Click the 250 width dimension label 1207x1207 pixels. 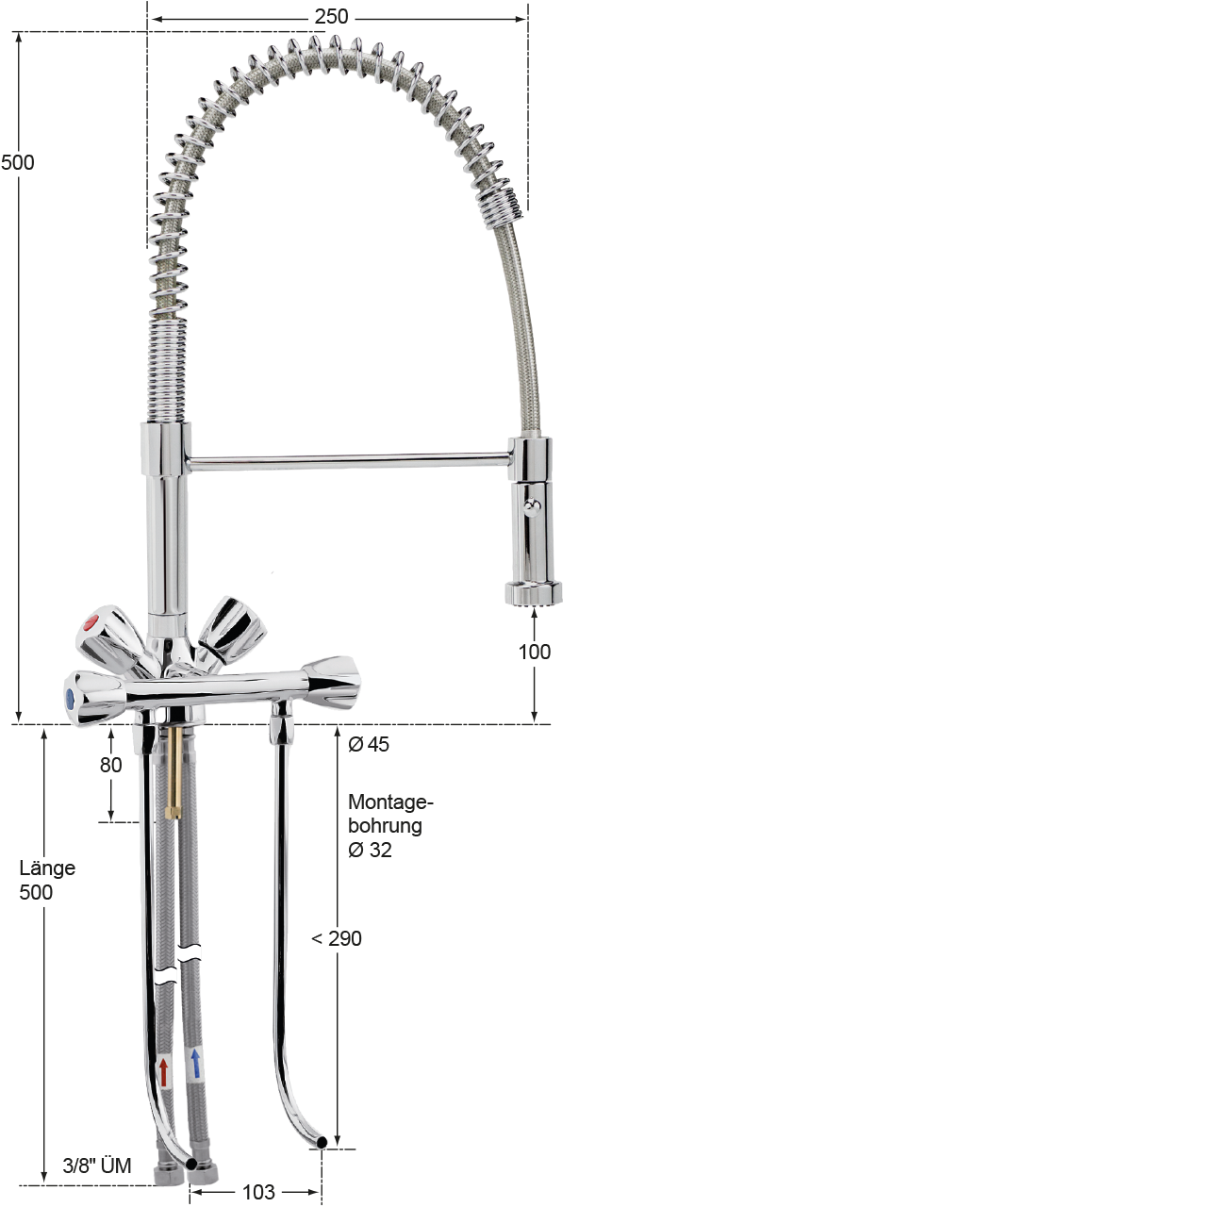(331, 16)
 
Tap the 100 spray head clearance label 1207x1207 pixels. (535, 652)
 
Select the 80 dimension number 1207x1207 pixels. (111, 764)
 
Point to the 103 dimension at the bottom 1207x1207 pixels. (258, 1191)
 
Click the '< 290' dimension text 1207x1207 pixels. (337, 937)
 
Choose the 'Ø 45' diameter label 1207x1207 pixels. (369, 743)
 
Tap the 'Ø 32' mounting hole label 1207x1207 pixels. (370, 850)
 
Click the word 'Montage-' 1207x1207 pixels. (390, 802)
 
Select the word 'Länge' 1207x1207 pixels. (47, 868)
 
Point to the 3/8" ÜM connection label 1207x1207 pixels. (97, 1166)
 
